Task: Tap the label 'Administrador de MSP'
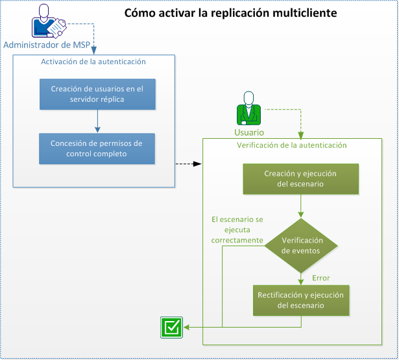tap(47, 45)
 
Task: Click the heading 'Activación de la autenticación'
tap(93, 62)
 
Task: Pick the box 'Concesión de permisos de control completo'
tap(97, 149)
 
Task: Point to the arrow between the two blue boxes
tap(97, 121)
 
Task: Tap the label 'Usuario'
tap(248, 132)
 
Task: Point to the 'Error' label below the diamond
tap(321, 278)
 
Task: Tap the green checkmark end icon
tap(171, 327)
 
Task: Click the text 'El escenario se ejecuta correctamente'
tap(237, 230)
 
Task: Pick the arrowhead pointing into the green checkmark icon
tap(186, 327)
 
